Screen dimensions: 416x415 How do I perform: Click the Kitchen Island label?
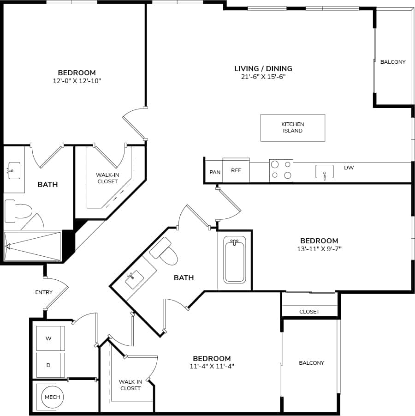coord(293,127)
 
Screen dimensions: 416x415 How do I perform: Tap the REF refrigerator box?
coord(236,170)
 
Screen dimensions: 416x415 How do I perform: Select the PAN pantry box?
coord(215,172)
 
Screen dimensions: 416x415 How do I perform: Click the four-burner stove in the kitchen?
coord(281,170)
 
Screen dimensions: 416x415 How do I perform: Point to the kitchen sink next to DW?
coord(325,172)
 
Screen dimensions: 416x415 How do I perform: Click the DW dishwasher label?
coord(349,168)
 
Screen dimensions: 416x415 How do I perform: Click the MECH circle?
coord(52,397)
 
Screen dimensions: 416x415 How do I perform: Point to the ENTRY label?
coord(44,292)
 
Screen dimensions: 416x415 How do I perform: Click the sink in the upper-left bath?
coord(14,170)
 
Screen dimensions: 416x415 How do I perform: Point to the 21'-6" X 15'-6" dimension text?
coord(263,77)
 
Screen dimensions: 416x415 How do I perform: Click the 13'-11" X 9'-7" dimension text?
coord(319,249)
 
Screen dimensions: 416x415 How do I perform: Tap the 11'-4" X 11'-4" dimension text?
coord(212,367)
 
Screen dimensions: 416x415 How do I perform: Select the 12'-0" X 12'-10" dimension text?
coord(77,81)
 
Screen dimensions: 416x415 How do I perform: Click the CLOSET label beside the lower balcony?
coord(309,312)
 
